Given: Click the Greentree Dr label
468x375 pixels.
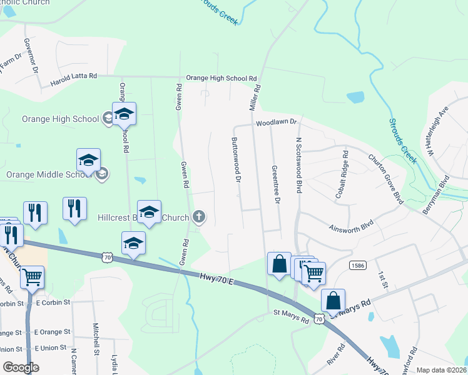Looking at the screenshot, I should pyautogui.click(x=274, y=184).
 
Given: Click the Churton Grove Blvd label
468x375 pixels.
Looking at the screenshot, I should pyautogui.click(x=386, y=177).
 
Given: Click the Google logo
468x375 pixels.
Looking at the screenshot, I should pyautogui.click(x=21, y=367).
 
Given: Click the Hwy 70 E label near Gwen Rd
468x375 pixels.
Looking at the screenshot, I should pyautogui.click(x=216, y=278).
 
